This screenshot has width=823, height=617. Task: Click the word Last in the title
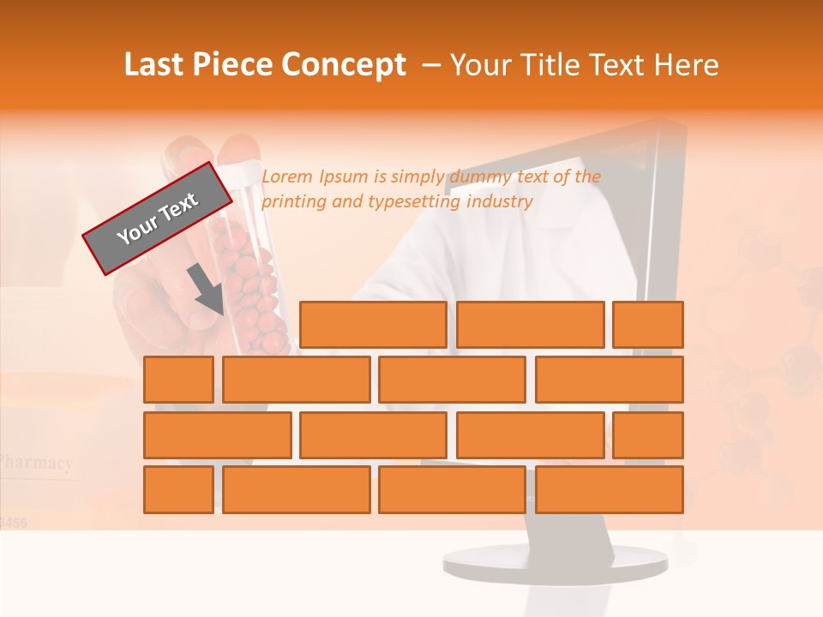click(154, 65)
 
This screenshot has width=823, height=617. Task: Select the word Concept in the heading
click(344, 65)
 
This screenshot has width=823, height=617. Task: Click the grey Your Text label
click(158, 219)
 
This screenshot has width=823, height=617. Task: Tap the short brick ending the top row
click(648, 325)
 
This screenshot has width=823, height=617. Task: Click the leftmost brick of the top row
click(373, 325)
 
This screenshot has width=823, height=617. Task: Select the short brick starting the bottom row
click(178, 490)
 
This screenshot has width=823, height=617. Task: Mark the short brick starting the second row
click(178, 380)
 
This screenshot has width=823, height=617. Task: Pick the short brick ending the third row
click(648, 435)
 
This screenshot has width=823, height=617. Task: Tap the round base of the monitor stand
click(555, 562)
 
